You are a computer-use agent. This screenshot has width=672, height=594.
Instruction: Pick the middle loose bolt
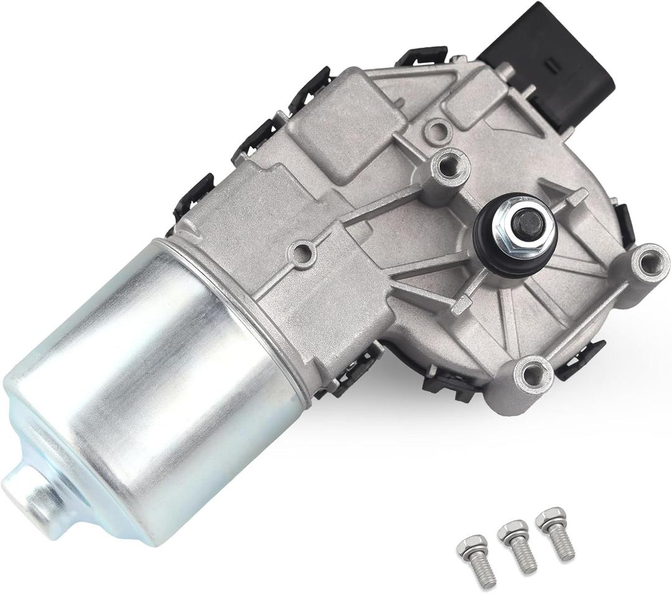[x=516, y=545]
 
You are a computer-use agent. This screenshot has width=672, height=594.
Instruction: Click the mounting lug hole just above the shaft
[x=447, y=164]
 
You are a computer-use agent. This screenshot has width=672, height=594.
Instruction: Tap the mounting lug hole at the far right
[x=648, y=263]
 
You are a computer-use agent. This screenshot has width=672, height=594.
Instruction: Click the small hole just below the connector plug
[x=439, y=130]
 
